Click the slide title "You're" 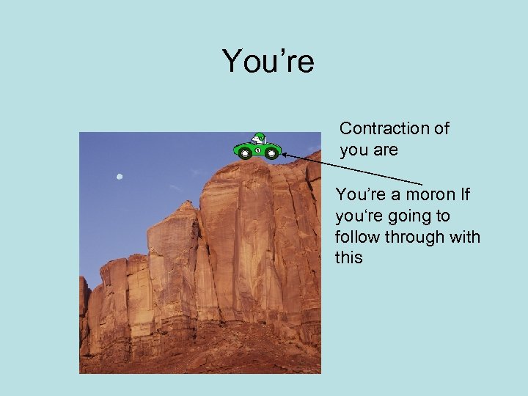268,61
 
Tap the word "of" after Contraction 441,128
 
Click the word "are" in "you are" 386,150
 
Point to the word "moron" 430,195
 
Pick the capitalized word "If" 466,195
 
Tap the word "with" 465,238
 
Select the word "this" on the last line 348,258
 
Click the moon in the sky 119,176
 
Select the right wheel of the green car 272,153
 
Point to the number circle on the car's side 258,150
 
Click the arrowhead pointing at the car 285,155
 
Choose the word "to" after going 442,216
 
